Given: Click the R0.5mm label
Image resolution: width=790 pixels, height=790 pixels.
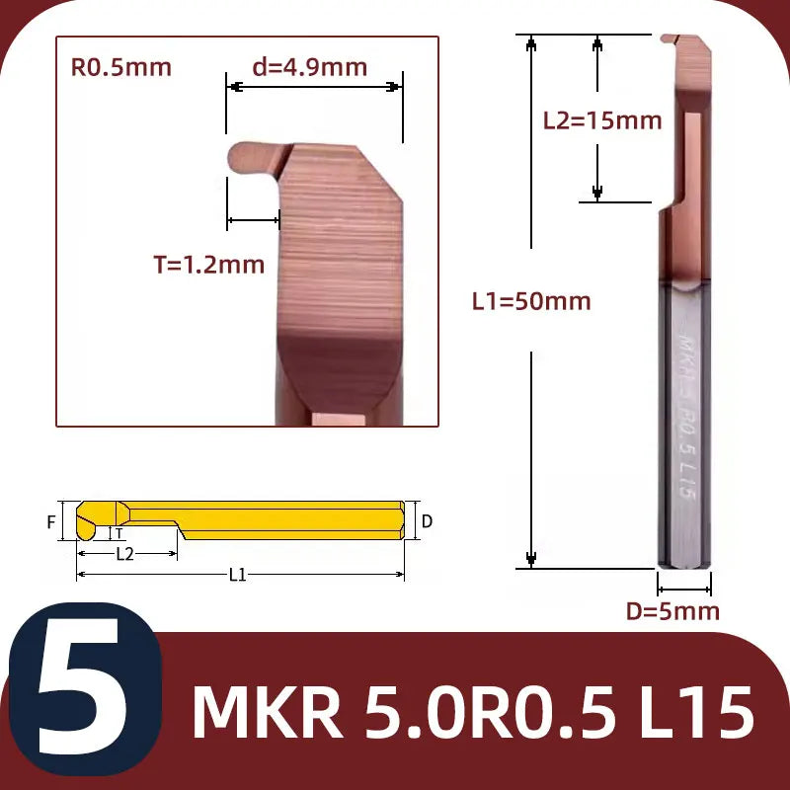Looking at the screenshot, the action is (x=120, y=67).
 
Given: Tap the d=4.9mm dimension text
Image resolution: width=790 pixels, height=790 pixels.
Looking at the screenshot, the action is (x=309, y=67).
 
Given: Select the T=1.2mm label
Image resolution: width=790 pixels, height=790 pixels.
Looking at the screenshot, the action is (x=209, y=265).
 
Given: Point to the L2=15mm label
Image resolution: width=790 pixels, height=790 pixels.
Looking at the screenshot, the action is (x=602, y=120).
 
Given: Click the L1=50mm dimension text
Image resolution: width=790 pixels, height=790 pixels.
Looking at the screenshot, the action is (x=531, y=301).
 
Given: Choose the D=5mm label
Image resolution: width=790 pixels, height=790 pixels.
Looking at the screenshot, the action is (x=672, y=611).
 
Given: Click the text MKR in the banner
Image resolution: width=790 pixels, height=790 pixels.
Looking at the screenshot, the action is (x=268, y=712).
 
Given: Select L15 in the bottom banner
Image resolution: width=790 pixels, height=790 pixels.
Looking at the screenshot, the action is (x=697, y=712).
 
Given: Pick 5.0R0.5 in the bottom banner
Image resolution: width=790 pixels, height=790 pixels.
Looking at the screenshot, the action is (x=490, y=712).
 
